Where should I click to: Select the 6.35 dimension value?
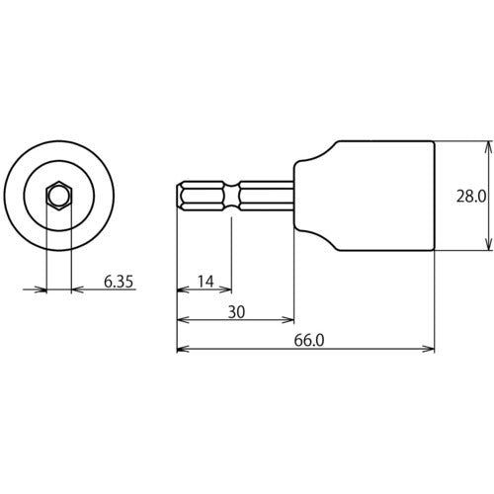pyautogui.click(x=119, y=282)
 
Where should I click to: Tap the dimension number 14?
pyautogui.click(x=205, y=282)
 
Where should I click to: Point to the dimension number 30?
pyautogui.click(x=235, y=312)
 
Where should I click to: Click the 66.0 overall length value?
pyautogui.click(x=307, y=341)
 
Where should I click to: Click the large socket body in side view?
pyautogui.click(x=385, y=197)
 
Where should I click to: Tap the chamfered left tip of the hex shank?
pyautogui.click(x=181, y=197)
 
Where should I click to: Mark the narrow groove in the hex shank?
pyautogui.click(x=234, y=197)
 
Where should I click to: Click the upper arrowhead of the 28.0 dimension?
pyautogui.click(x=487, y=146)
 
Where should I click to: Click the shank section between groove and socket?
pyautogui.click(x=265, y=197)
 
